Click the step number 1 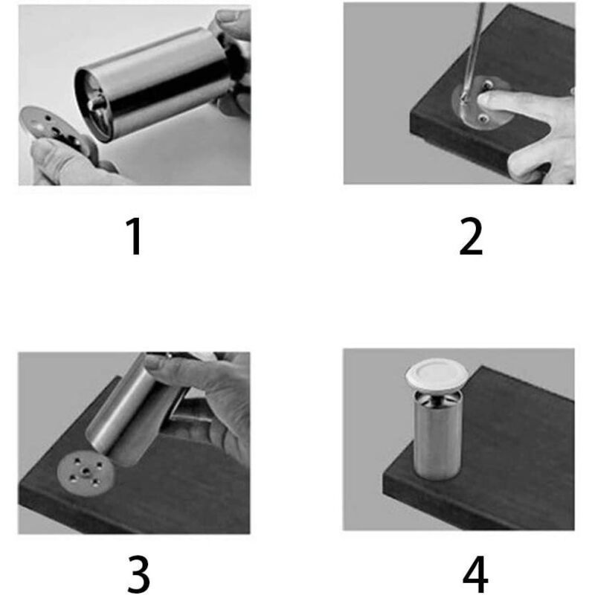click(135, 237)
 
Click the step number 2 click(471, 237)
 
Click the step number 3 click(138, 574)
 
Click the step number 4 click(475, 574)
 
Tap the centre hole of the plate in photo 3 click(86, 472)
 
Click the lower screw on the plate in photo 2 click(484, 119)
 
